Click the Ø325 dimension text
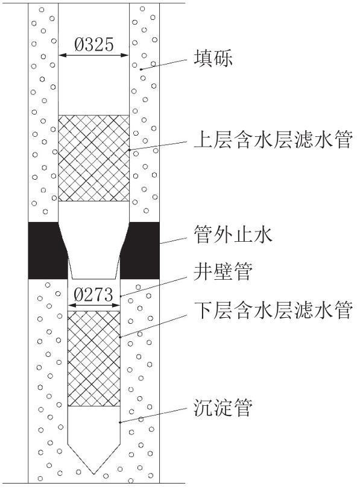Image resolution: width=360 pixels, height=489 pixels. [x=94, y=45]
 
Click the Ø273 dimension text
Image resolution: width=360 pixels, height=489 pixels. [x=93, y=294]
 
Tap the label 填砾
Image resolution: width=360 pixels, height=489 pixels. [x=213, y=58]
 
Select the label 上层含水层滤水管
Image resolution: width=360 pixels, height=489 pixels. [x=273, y=139]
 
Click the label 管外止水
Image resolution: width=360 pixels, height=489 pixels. [x=233, y=235]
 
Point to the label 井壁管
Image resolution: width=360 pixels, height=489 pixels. [x=223, y=271]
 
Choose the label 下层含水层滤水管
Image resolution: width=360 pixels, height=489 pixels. [x=273, y=310]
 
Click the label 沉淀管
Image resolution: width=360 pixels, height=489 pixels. [x=223, y=407]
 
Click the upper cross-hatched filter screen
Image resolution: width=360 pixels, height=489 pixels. [x=94, y=158]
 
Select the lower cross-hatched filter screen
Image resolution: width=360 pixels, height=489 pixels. [x=94, y=358]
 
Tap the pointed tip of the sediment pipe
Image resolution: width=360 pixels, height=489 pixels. [x=94, y=475]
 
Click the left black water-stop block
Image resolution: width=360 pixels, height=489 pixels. [x=47, y=250]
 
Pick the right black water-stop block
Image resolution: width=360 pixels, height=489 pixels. [x=141, y=250]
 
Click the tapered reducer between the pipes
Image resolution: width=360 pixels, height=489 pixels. [x=94, y=250]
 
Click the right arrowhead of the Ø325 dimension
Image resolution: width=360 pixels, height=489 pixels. [x=126, y=55]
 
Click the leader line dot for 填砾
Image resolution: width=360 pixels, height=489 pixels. [x=141, y=69]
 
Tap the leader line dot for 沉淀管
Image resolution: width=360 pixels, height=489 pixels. [x=120, y=422]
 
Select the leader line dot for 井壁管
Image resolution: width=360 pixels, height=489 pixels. [x=121, y=295]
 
